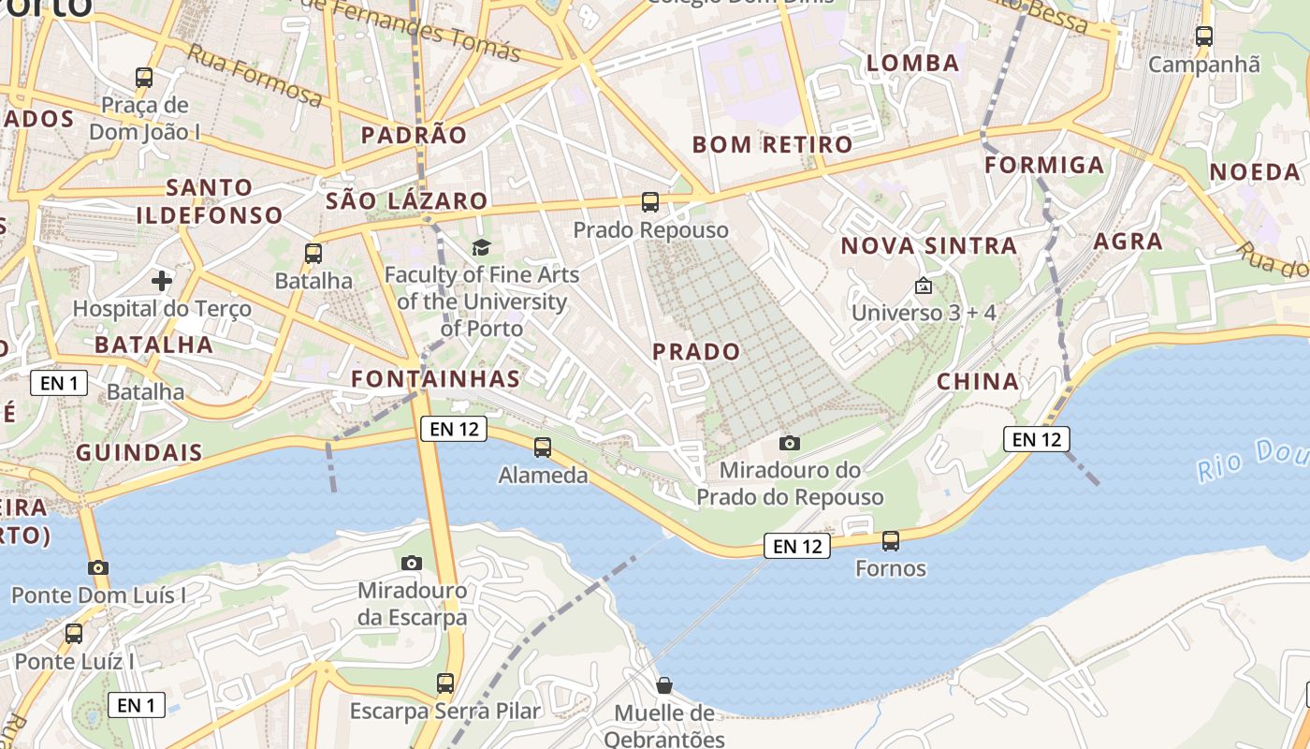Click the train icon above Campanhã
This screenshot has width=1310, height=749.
coord(1204,37)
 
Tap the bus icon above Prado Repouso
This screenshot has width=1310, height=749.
coord(649,201)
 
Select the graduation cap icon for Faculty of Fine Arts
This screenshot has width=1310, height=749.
coord(481,247)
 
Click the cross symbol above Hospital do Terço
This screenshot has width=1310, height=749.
coord(162,280)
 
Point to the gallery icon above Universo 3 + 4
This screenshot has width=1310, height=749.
coord(924,285)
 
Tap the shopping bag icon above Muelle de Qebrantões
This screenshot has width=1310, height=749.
coord(664,685)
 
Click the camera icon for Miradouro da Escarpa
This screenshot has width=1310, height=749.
coord(411,563)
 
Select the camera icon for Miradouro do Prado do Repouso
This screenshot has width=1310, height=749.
coord(790,443)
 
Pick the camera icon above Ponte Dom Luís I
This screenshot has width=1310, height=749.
coord(98,567)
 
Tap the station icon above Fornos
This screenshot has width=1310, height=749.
coord(891,540)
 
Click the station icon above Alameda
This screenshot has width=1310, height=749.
coord(543,448)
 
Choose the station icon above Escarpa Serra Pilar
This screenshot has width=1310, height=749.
coord(445,683)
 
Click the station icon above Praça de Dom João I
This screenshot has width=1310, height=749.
coord(144,77)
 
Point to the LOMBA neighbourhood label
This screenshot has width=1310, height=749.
coord(913,64)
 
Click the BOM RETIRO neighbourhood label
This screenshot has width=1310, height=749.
coord(772,144)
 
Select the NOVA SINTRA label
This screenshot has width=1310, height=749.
coord(928,246)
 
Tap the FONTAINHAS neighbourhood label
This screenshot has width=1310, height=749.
coord(435,378)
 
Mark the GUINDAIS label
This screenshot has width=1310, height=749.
coord(139,452)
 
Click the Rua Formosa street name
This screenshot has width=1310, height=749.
coord(255,74)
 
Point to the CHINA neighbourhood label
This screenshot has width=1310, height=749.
coord(978,381)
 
